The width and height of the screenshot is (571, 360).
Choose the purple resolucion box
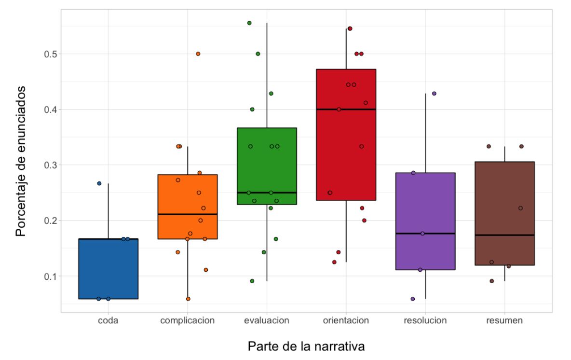[425, 203]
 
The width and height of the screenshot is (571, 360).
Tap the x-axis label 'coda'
[109, 320]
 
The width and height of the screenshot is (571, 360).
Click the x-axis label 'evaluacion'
[267, 320]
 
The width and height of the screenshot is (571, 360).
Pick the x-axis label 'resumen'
[504, 320]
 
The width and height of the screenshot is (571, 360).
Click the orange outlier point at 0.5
[198, 54]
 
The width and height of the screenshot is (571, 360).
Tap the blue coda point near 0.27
[99, 183]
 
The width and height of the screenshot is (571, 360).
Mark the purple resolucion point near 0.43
[434, 93]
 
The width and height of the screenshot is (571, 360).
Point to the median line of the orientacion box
[346, 110]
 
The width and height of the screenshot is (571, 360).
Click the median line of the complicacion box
[188, 214]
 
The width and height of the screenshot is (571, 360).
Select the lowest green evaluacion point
[252, 281]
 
